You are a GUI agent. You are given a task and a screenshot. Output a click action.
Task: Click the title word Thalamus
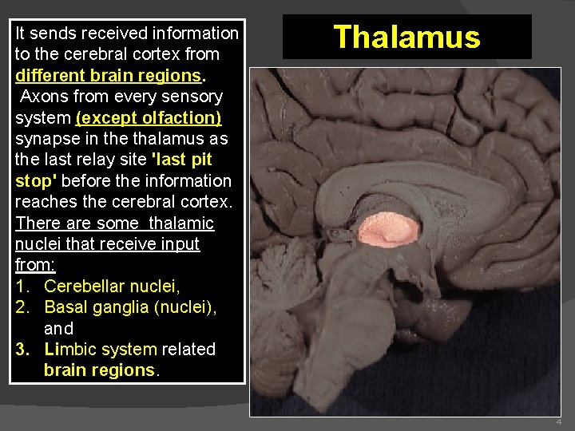coord(406,37)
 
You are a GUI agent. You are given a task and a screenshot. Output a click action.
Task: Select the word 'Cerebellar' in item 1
coord(83,286)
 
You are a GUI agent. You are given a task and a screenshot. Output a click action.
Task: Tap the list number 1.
coord(20,286)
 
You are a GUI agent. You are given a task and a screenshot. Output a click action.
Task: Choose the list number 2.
coord(21,307)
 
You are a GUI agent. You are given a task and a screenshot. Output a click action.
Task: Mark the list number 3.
coord(21,349)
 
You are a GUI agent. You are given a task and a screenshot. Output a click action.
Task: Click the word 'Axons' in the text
coord(42,97)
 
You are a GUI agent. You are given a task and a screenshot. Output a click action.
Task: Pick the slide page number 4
coord(558,421)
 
